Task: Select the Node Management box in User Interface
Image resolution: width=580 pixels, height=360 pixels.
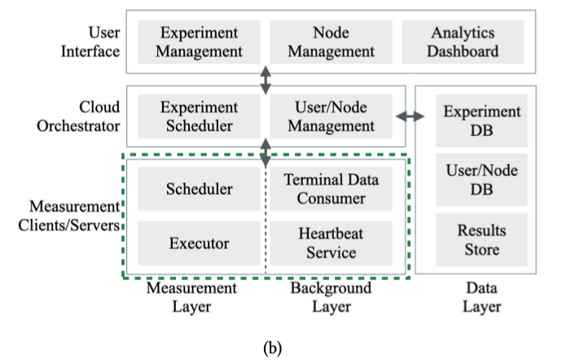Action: tap(331, 42)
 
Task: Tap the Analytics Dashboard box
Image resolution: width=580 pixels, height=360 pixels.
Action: tap(463, 42)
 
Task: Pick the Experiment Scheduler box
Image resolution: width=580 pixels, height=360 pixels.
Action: tap(199, 116)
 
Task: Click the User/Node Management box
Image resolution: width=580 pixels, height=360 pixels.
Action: tap(331, 116)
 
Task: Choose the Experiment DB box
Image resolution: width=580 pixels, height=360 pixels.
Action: tap(481, 121)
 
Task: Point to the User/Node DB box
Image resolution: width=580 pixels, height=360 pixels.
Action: tap(481, 179)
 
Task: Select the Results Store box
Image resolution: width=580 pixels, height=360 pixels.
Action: tap(481, 239)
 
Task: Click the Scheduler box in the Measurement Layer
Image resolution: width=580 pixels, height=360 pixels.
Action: tap(199, 189)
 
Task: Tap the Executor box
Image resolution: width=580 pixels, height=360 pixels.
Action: tap(199, 243)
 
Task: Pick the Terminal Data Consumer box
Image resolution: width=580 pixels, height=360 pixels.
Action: tap(331, 189)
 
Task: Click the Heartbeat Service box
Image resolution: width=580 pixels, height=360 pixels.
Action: tap(331, 243)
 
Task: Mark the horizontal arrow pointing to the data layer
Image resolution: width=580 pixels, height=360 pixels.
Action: tap(410, 116)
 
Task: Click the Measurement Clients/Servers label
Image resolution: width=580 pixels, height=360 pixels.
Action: tap(70, 215)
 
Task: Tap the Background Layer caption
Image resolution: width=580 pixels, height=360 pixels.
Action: tap(331, 297)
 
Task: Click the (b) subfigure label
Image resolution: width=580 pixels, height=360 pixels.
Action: tap(272, 348)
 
